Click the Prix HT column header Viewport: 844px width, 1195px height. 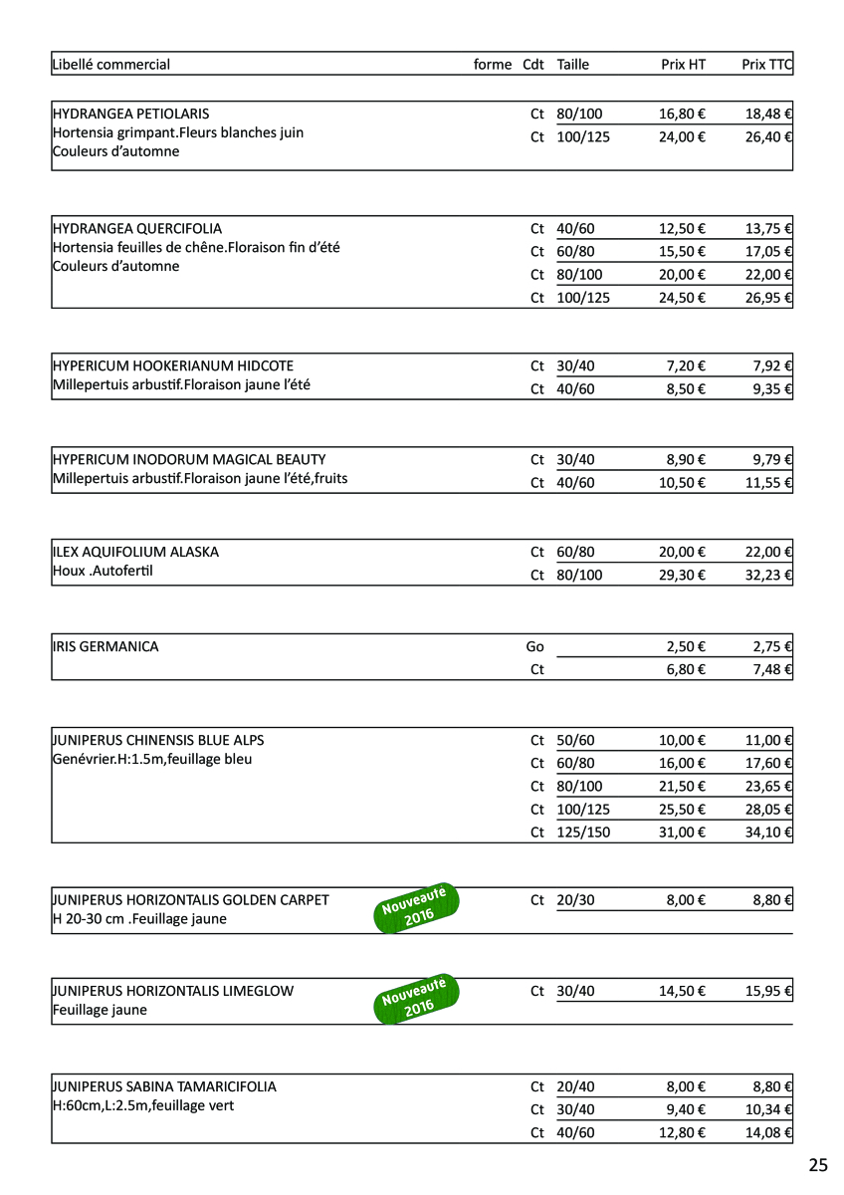[683, 65]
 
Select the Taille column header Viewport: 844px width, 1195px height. [573, 65]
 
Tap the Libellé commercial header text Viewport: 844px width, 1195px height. [111, 65]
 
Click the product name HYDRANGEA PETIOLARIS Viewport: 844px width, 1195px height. [130, 114]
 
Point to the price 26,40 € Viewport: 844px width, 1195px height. [768, 136]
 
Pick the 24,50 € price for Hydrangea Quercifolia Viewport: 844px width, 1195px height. [682, 297]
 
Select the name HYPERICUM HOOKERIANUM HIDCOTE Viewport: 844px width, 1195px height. [173, 365]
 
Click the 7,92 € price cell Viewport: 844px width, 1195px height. [772, 365]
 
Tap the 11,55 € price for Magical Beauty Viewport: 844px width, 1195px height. [768, 483]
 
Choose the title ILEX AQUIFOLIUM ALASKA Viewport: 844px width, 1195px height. [135, 552]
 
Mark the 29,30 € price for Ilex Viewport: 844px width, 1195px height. [682, 575]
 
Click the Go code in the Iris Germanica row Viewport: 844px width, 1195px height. [535, 646]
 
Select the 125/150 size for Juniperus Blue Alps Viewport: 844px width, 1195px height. [583, 832]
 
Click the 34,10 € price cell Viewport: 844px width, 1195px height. [768, 832]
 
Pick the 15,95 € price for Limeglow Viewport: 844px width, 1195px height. [768, 991]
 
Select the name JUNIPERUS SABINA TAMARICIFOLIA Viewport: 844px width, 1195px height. [164, 1086]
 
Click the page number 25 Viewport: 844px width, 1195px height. [818, 1165]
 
